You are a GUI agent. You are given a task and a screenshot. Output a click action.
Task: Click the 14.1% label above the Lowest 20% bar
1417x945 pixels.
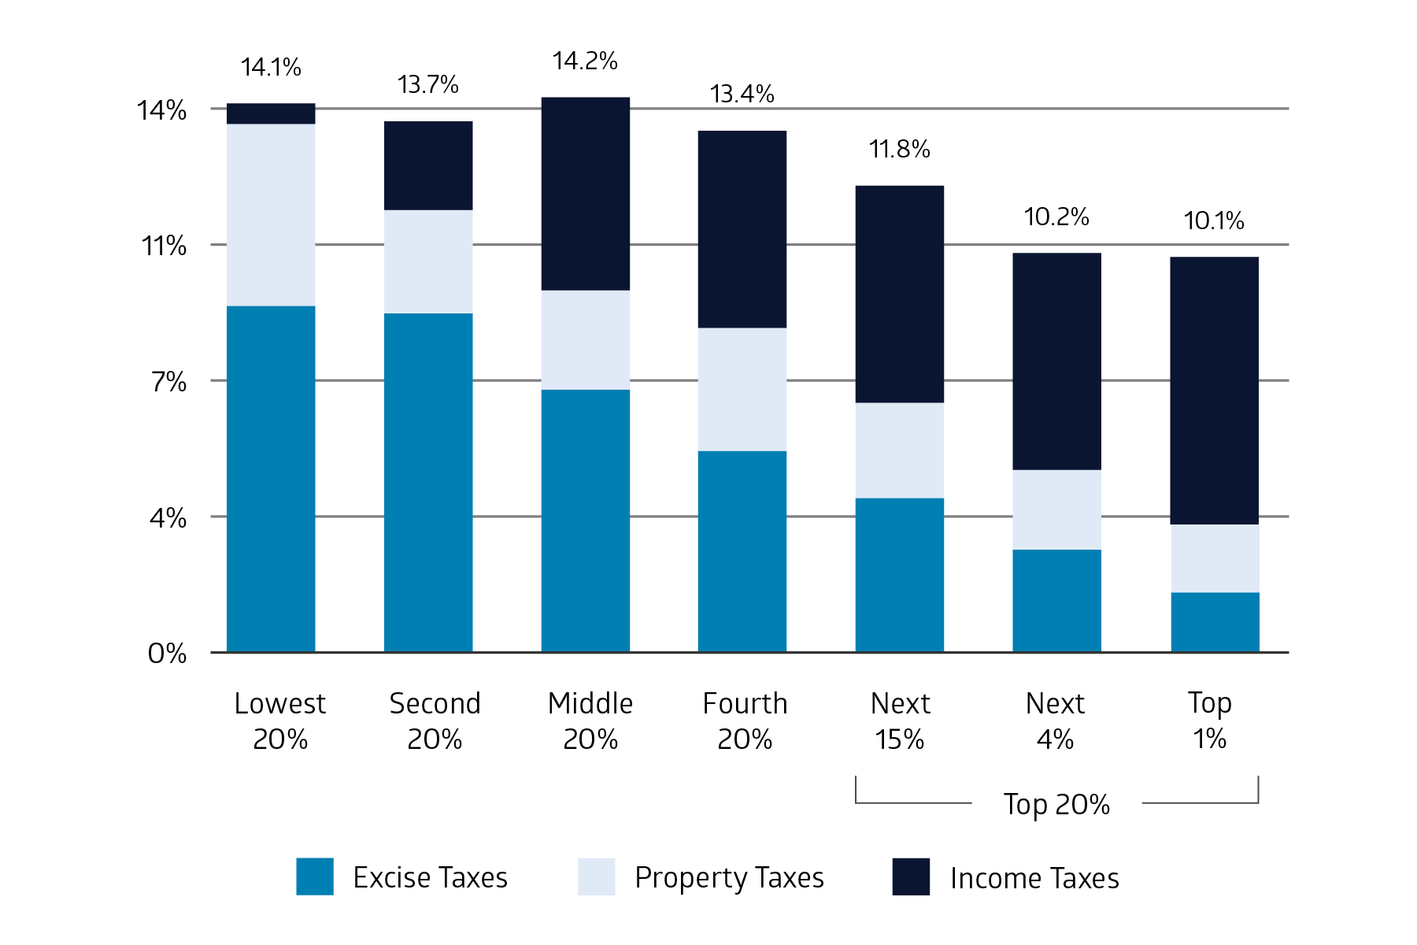pyautogui.click(x=271, y=68)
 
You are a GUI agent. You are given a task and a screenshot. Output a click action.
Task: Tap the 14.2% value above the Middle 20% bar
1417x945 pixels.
pyautogui.click(x=585, y=61)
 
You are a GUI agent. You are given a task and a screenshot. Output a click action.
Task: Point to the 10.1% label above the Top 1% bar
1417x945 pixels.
pyautogui.click(x=1214, y=221)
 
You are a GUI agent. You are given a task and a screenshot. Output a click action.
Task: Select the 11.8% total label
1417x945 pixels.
pyautogui.click(x=899, y=150)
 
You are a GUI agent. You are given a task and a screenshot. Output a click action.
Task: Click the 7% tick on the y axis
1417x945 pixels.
pyautogui.click(x=168, y=382)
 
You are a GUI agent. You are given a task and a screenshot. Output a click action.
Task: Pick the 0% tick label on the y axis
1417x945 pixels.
pyautogui.click(x=167, y=654)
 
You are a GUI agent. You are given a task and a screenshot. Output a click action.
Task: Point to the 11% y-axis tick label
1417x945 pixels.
pyautogui.click(x=164, y=246)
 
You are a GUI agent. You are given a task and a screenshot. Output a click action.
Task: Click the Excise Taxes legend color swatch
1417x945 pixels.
pyautogui.click(x=315, y=876)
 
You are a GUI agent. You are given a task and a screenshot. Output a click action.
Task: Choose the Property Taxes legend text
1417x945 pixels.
pyautogui.click(x=729, y=877)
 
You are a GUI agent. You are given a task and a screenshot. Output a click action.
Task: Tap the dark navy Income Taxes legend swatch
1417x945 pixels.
pyautogui.click(x=911, y=876)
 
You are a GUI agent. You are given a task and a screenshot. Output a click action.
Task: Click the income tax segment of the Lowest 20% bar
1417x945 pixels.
pyautogui.click(x=271, y=113)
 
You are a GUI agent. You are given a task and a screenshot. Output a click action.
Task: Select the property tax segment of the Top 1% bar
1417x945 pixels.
pyautogui.click(x=1214, y=558)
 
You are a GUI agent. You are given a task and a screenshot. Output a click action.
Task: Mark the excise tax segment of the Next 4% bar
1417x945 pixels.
pyautogui.click(x=1056, y=600)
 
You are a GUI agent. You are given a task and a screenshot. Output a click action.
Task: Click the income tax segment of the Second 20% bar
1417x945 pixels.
pyautogui.click(x=428, y=165)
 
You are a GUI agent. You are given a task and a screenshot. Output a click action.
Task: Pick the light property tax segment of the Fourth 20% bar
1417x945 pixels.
pyautogui.click(x=742, y=389)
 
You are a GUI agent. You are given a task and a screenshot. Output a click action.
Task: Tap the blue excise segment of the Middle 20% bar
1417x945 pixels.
pyautogui.click(x=585, y=520)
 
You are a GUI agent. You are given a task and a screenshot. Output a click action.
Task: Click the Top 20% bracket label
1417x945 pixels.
pyautogui.click(x=1056, y=804)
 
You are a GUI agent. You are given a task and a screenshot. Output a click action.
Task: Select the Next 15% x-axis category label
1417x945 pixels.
pyautogui.click(x=900, y=721)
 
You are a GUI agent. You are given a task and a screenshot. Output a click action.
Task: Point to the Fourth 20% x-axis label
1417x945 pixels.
pyautogui.click(x=745, y=721)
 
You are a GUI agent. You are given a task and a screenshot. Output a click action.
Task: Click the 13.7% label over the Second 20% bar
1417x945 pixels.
pyautogui.click(x=427, y=85)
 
